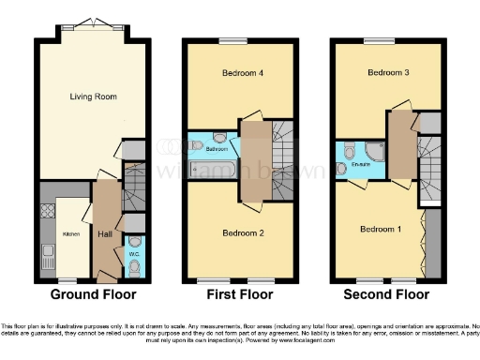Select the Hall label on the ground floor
click(x=104, y=235)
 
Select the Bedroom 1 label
click(x=380, y=228)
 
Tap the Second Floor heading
click(x=388, y=293)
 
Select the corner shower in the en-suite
click(x=373, y=152)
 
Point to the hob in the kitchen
click(x=48, y=210)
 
